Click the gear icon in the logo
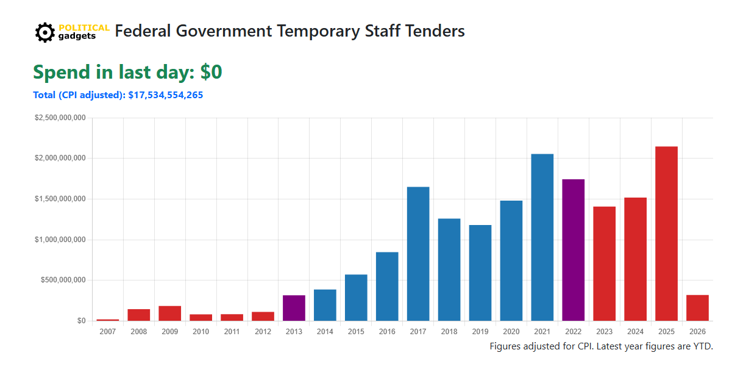(x=45, y=32)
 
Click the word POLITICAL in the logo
(x=84, y=27)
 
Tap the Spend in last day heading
(x=127, y=72)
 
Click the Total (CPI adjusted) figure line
(x=118, y=95)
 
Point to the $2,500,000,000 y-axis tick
(x=60, y=118)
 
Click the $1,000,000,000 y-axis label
(x=60, y=240)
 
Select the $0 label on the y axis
(x=80, y=321)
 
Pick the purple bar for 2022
(x=573, y=250)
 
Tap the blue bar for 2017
(x=418, y=254)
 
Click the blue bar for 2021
(x=542, y=237)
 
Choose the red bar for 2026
(x=697, y=308)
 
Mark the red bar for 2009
(x=170, y=313)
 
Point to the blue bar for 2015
(x=356, y=298)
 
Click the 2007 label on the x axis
(x=108, y=332)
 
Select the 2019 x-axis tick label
(x=480, y=332)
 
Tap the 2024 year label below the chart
(x=635, y=332)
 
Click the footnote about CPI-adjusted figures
(x=601, y=346)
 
